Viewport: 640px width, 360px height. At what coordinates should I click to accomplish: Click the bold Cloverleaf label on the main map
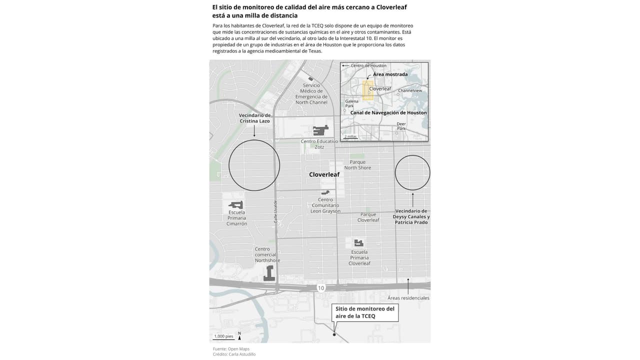click(x=324, y=174)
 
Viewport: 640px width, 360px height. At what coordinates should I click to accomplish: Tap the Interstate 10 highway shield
click(x=321, y=288)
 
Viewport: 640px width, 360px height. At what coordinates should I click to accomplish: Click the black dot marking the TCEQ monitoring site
click(x=334, y=335)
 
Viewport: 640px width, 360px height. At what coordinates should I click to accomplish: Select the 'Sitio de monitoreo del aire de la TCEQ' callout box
click(x=365, y=312)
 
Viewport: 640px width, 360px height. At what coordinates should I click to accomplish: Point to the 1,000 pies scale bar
click(x=223, y=337)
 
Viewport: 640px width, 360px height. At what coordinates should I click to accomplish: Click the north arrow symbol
click(x=239, y=336)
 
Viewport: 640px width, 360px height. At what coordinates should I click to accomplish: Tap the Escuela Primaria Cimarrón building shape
click(x=236, y=204)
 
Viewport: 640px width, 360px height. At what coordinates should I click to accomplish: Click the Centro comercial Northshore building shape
click(x=269, y=273)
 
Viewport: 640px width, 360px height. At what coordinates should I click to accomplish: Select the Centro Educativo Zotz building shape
click(x=320, y=130)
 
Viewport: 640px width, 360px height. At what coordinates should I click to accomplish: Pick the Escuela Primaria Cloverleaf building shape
click(x=358, y=243)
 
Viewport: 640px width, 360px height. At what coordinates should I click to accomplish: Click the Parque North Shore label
click(x=357, y=165)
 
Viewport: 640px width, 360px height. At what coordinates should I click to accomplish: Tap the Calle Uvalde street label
click(x=275, y=212)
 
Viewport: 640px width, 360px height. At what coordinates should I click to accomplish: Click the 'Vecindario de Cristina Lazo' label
click(x=254, y=118)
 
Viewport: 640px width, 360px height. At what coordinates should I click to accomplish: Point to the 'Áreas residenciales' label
click(x=408, y=298)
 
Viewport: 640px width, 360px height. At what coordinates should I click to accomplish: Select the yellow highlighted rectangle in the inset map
click(x=367, y=90)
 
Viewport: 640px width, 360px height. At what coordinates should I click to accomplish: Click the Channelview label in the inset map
click(x=410, y=91)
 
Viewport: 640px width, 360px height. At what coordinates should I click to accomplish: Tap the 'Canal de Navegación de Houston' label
click(x=388, y=113)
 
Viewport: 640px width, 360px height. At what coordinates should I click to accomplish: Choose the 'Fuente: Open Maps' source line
click(x=231, y=348)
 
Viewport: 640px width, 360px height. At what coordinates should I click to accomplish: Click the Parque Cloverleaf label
click(x=368, y=217)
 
